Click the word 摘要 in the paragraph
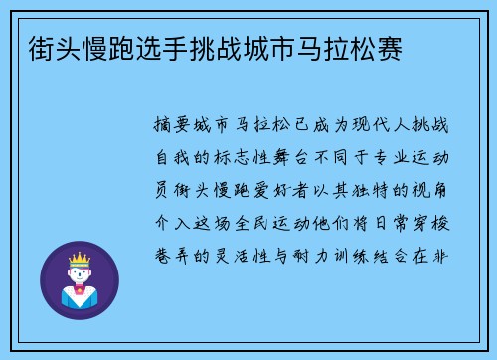click(x=175, y=126)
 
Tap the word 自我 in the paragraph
click(x=175, y=158)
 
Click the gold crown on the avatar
click(x=80, y=261)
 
